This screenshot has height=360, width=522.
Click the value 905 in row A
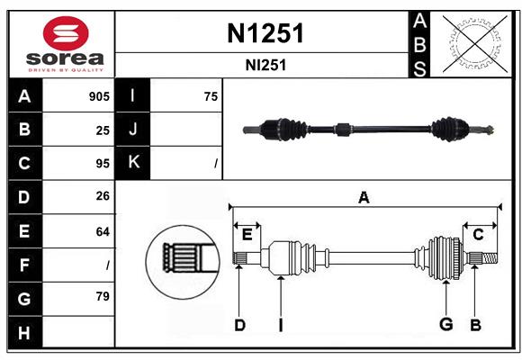(98, 96)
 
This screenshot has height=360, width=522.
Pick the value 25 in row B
(103, 130)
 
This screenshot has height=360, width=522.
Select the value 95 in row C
(103, 164)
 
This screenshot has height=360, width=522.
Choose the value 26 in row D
(103, 197)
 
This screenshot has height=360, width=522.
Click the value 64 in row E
(103, 231)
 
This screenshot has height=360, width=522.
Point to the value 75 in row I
(211, 96)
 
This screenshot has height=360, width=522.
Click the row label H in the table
(24, 332)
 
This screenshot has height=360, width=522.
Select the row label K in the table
(133, 163)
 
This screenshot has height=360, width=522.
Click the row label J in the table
(133, 130)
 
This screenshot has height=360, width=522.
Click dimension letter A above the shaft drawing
(364, 198)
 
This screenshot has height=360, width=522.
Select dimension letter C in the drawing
(478, 235)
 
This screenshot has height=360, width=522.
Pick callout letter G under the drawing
(445, 325)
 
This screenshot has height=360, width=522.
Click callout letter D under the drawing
(239, 325)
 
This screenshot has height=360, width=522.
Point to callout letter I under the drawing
(280, 325)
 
